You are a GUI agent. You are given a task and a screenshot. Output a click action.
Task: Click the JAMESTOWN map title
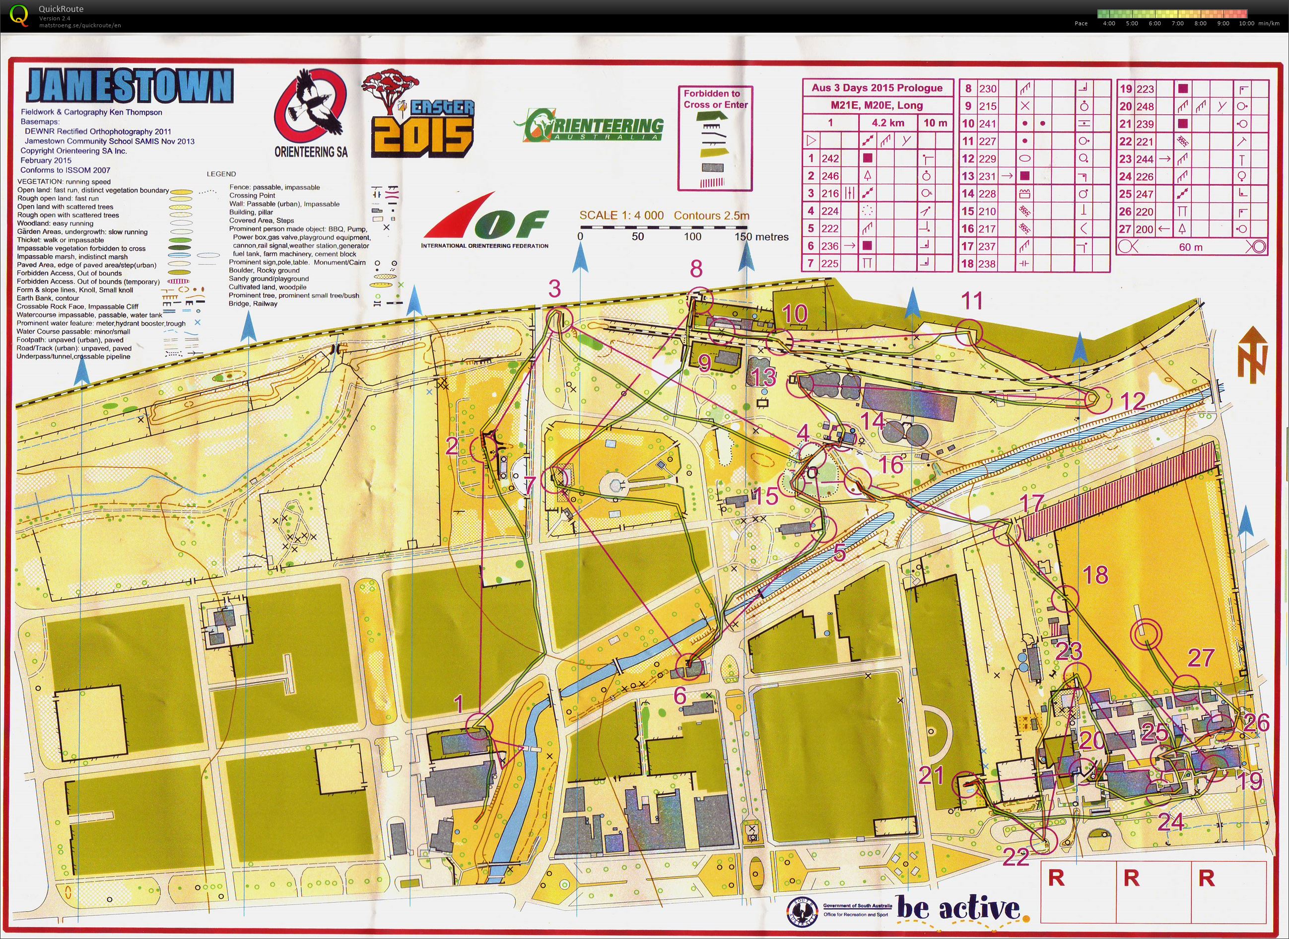130,86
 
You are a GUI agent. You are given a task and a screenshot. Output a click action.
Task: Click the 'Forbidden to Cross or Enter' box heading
715,99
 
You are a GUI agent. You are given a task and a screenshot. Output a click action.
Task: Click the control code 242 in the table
830,158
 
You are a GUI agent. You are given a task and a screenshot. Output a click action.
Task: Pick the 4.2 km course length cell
888,123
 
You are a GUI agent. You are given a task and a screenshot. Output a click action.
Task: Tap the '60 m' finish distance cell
1191,247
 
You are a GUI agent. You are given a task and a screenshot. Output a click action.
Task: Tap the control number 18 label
1095,575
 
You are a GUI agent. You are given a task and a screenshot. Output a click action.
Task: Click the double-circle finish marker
1146,634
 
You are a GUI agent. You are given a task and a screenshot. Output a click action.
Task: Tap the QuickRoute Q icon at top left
19,15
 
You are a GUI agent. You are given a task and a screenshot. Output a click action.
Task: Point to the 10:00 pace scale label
1246,24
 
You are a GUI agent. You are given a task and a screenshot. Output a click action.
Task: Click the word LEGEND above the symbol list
221,174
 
